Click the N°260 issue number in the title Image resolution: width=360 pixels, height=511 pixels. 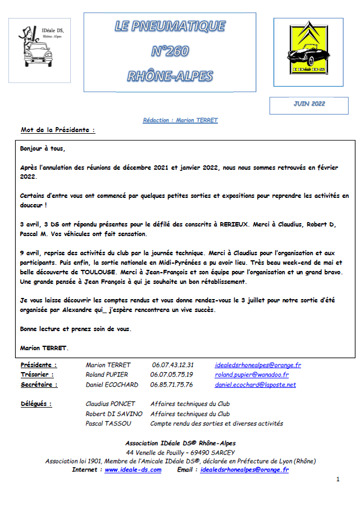pyautogui.click(x=170, y=52)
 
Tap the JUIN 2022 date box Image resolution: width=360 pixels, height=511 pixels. pyautogui.click(x=309, y=104)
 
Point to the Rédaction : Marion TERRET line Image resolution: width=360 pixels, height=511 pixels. pyautogui.click(x=180, y=120)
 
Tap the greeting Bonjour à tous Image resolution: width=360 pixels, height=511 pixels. pyautogui.click(x=42, y=149)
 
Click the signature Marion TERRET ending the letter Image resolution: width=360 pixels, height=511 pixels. pyautogui.click(x=44, y=348)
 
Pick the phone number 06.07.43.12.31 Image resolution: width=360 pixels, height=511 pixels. pyautogui.click(x=172, y=365)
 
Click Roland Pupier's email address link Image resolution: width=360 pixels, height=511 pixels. pyautogui.click(x=252, y=374)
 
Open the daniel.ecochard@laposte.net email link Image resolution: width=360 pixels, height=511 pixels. pyautogui.click(x=255, y=385)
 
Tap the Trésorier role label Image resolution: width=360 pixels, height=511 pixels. pyautogui.click(x=37, y=374)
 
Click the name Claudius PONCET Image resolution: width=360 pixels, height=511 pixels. pyautogui.click(x=111, y=404)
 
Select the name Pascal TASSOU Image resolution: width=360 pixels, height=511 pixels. pyautogui.click(x=109, y=423)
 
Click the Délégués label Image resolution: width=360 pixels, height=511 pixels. pyautogui.click(x=36, y=404)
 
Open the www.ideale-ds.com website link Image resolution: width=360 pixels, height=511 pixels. pyautogui.click(x=133, y=470)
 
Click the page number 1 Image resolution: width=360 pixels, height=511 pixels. pyautogui.click(x=338, y=479)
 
